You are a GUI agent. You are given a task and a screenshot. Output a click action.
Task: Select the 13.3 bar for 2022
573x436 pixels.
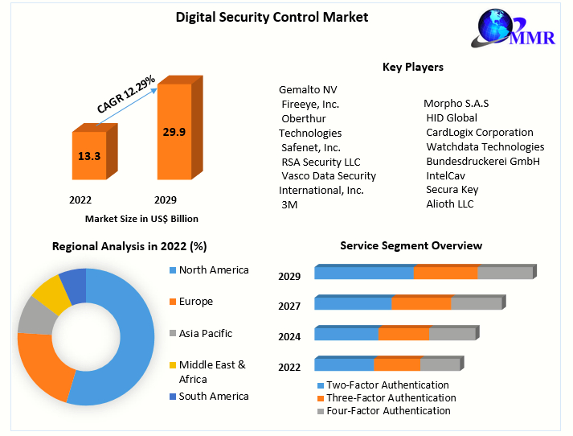click(x=89, y=154)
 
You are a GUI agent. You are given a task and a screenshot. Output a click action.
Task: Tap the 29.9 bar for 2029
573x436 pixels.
click(x=174, y=132)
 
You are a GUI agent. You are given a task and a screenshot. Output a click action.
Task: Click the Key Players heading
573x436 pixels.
click(x=412, y=67)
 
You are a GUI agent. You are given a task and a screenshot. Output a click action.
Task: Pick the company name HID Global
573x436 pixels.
click(x=452, y=117)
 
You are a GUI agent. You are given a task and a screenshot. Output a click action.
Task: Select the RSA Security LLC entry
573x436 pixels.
click(x=321, y=162)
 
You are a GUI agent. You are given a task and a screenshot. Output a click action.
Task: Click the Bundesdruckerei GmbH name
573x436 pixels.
click(x=482, y=161)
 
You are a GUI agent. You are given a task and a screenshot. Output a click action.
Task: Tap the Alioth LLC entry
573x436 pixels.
click(x=450, y=204)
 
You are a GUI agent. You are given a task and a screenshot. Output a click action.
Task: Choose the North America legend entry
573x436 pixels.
click(x=213, y=270)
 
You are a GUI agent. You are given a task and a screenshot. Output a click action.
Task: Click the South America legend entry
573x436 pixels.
click(x=213, y=397)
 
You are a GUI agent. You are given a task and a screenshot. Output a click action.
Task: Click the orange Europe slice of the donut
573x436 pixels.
click(x=40, y=366)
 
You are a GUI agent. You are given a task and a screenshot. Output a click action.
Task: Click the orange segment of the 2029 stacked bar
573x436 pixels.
click(x=445, y=273)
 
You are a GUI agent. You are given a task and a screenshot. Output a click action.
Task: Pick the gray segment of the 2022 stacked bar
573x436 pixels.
click(x=440, y=364)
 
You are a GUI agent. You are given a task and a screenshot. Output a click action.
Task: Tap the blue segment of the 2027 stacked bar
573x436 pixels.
click(x=353, y=303)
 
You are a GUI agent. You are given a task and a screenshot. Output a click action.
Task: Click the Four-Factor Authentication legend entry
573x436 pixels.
click(x=387, y=411)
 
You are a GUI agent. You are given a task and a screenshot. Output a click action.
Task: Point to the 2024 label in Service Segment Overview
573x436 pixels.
click(x=289, y=337)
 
